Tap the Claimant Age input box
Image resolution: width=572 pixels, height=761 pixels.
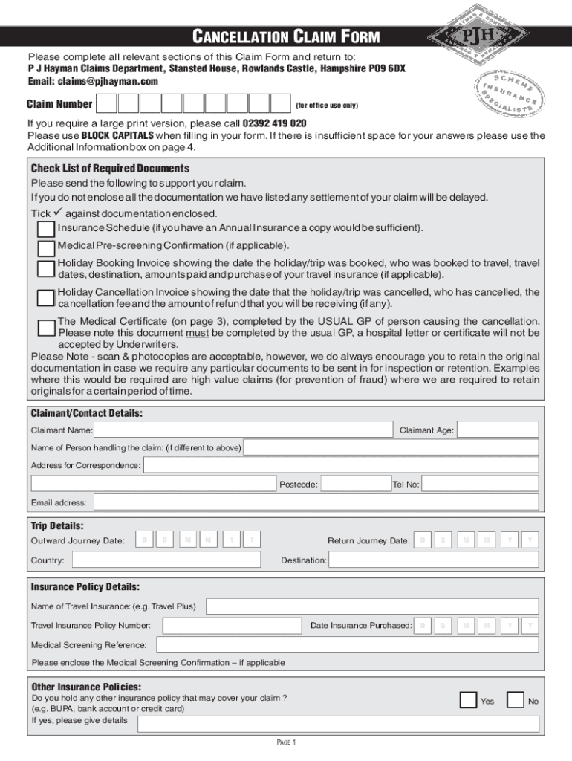[497, 430]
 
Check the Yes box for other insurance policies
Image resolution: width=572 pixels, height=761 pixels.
[468, 700]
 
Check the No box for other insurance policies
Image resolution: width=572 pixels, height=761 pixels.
[515, 700]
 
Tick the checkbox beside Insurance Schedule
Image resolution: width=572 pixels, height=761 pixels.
[45, 228]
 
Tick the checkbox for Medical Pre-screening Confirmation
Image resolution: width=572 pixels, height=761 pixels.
[45, 247]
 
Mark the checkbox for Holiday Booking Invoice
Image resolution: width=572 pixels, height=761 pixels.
[45, 268]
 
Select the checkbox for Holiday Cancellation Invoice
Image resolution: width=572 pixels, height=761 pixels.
[45, 298]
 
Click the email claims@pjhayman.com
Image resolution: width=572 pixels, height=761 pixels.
[111, 81]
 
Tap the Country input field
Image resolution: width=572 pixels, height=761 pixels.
[164, 560]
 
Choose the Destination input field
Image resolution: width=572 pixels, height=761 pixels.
[433, 560]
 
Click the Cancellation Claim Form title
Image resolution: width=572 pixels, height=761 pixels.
[286, 36]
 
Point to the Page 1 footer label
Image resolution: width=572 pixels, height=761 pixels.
[286, 742]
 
